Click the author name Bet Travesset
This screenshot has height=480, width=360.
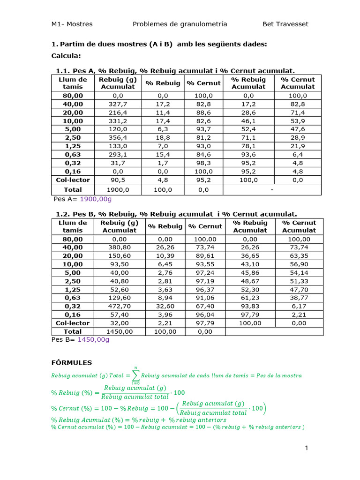pos(285,24)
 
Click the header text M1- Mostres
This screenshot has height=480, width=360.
pos(72,24)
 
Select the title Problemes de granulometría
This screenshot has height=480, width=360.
pos(180,24)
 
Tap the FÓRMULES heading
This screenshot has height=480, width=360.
pos(71,362)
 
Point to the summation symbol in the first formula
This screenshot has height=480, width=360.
pos(135,375)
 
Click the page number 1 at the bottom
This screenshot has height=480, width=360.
pos(307,448)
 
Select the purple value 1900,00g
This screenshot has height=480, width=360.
pos(96,199)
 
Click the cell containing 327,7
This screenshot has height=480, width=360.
pos(118,104)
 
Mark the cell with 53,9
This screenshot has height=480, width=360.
pos(298,120)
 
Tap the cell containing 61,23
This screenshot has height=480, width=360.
pos(250,298)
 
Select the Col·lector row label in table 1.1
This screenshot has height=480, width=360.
pos(73,180)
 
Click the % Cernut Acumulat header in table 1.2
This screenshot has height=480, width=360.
pos(299,226)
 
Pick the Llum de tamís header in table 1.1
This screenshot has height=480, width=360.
pos(73,83)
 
